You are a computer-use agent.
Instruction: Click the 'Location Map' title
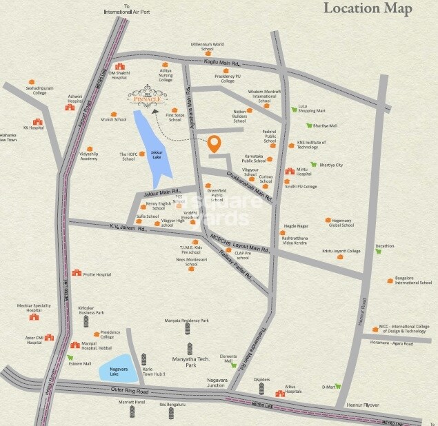point(368,9)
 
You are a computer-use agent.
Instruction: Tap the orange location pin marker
point(215,143)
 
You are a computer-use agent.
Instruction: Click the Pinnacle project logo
point(147,95)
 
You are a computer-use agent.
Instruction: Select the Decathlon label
point(385,245)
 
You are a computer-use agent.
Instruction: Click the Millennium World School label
point(208,46)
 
